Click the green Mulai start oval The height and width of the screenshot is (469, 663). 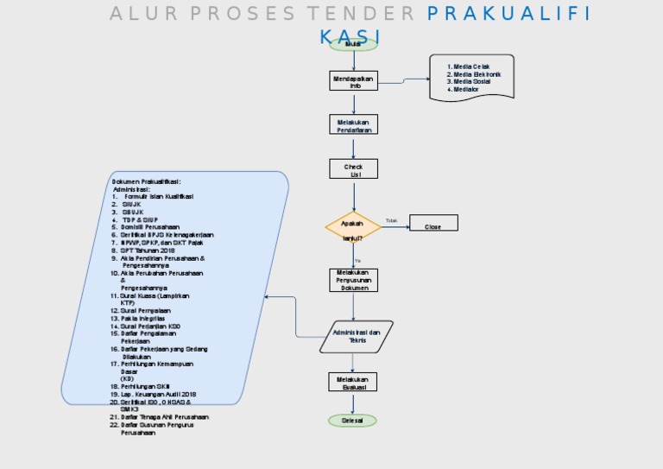pyautogui.click(x=353, y=44)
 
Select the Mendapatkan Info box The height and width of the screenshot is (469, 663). pyautogui.click(x=354, y=81)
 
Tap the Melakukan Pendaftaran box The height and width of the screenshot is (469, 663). pyautogui.click(x=354, y=125)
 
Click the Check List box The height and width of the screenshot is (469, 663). pyautogui.click(x=354, y=169)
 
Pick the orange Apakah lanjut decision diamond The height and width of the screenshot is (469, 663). pyautogui.click(x=353, y=227)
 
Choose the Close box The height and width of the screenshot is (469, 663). pyautogui.click(x=433, y=226)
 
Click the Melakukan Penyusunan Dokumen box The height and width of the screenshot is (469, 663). pyautogui.click(x=353, y=280)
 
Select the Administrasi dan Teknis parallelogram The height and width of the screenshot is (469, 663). pyautogui.click(x=357, y=336)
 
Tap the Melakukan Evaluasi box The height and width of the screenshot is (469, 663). pyautogui.click(x=354, y=383)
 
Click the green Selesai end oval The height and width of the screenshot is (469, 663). pyautogui.click(x=352, y=421)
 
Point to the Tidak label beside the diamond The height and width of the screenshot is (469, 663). pyautogui.click(x=391, y=221)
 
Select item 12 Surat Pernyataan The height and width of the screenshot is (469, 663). pyautogui.click(x=145, y=310)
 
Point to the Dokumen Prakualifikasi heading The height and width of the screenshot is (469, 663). pyautogui.click(x=146, y=181)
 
